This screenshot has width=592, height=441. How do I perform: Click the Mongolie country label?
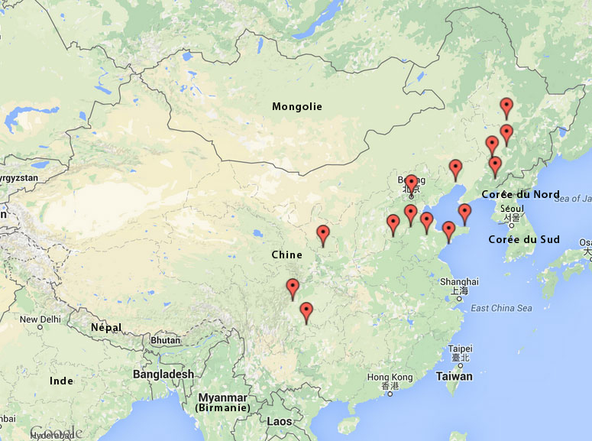click(297, 106)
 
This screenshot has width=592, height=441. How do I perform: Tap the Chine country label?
click(286, 254)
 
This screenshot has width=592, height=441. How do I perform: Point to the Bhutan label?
click(166, 339)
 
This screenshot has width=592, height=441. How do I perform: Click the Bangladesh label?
click(163, 374)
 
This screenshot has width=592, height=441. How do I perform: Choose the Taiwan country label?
click(454, 376)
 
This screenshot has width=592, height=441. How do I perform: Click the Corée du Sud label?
click(524, 239)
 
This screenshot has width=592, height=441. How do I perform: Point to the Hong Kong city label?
click(390, 378)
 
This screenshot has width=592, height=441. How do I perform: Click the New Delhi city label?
click(39, 319)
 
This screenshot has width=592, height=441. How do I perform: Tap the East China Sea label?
click(501, 308)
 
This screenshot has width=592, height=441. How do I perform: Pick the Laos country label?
click(280, 421)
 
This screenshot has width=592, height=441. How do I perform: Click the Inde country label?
click(61, 381)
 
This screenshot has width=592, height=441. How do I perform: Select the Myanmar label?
click(223, 397)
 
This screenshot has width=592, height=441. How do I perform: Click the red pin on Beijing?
click(411, 183)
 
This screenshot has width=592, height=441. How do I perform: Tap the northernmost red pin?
click(506, 107)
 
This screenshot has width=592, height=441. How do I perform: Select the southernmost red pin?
click(306, 311)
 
